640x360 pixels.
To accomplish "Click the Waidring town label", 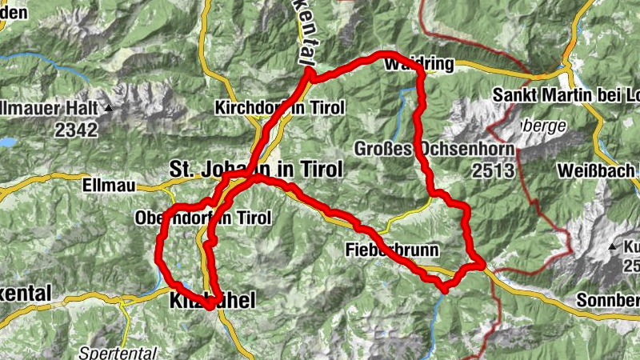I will pos(419,64).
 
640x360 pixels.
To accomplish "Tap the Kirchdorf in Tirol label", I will pos(279,107).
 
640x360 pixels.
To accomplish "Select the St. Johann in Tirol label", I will pos(255,170).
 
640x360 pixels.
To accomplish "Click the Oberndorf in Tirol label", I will pos(203,218).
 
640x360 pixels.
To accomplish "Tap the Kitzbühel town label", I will pos(212,301).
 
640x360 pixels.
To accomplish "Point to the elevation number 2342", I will pos(77,130).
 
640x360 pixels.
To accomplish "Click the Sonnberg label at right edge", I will pos(607,301).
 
